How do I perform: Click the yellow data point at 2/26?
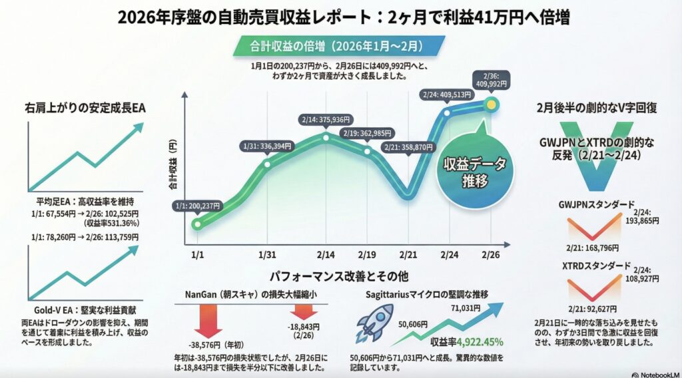pos(492,103)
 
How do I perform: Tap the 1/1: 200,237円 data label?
pos(196,206)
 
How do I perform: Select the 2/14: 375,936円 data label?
pos(326,119)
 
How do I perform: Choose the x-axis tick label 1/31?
pos(267,255)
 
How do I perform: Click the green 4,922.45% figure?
pos(475,343)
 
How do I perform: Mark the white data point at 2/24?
pos(447,112)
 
